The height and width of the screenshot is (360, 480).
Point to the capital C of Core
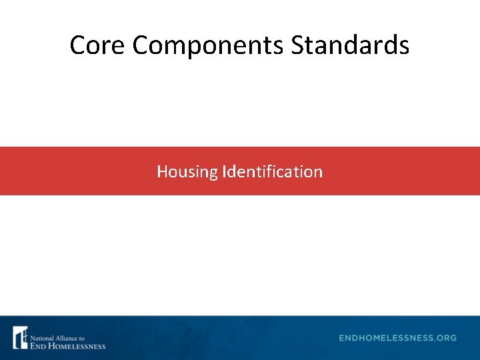point(77,45)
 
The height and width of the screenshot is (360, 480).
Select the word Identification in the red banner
point(273,171)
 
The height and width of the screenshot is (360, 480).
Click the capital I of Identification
point(225,171)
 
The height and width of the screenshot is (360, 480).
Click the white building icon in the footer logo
point(21,338)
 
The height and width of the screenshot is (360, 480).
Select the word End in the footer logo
point(37,345)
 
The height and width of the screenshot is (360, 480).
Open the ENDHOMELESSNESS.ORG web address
point(397,338)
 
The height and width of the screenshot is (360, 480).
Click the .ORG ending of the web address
point(445,338)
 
